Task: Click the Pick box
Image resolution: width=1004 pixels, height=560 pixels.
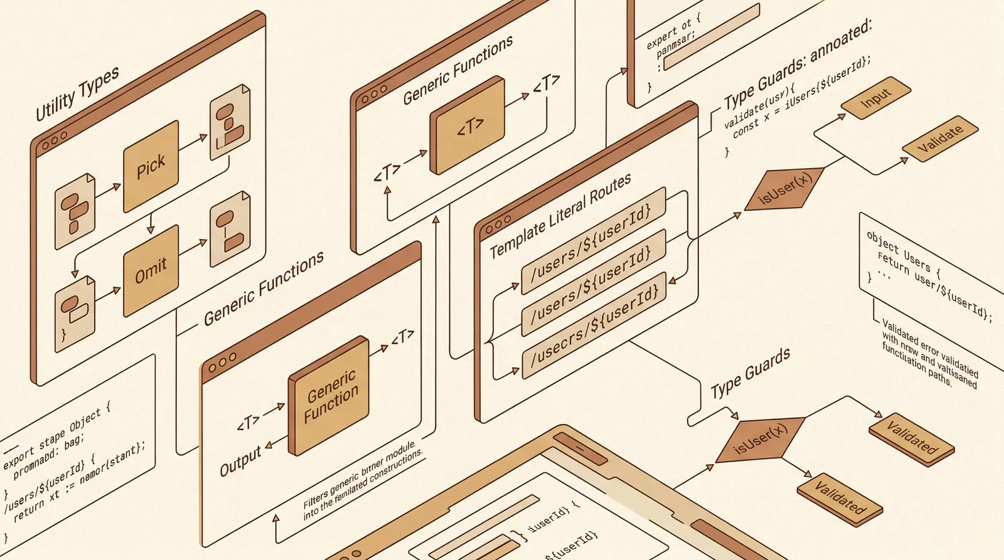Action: [x=151, y=167]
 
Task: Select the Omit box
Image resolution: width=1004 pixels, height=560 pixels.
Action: [x=151, y=270]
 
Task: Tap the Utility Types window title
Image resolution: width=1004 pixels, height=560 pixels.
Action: [x=77, y=93]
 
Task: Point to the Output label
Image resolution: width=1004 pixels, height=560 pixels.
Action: [x=240, y=461]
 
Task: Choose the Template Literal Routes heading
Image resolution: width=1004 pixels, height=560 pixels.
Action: [x=560, y=216]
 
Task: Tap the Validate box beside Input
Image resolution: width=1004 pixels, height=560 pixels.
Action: [x=939, y=139]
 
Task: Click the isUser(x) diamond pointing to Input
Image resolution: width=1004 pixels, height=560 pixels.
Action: [x=784, y=188]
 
